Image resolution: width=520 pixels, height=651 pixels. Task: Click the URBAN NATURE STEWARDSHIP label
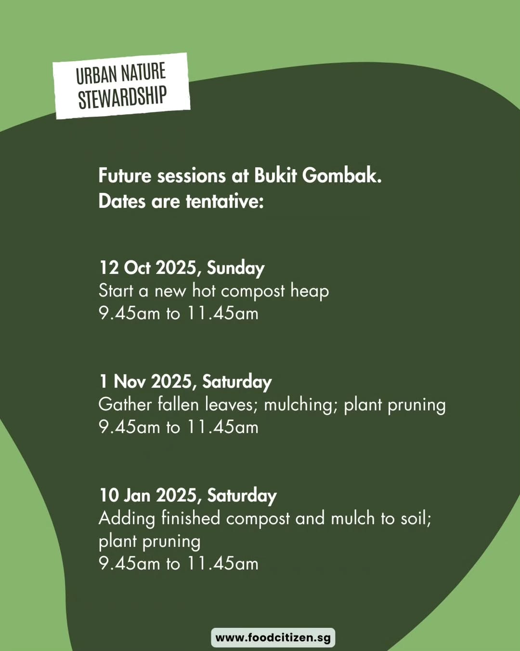(x=121, y=86)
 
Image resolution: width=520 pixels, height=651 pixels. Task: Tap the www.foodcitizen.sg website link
(x=273, y=637)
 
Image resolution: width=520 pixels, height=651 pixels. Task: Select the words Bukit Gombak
(x=318, y=176)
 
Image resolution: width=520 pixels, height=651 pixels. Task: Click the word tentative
(x=224, y=201)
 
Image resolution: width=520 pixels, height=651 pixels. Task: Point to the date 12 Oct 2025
(x=148, y=268)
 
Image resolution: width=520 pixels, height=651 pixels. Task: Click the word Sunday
(x=235, y=268)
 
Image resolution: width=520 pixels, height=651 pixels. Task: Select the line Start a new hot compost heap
(x=214, y=291)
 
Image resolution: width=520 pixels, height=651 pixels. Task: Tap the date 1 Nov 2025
(x=146, y=381)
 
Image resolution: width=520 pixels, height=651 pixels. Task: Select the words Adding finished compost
(x=195, y=518)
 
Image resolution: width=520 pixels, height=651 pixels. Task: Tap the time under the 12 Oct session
(x=179, y=313)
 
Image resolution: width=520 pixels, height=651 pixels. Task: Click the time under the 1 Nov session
(x=179, y=427)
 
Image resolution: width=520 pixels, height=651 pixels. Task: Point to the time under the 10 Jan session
(x=179, y=564)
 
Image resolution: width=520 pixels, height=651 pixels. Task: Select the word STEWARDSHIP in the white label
(x=122, y=97)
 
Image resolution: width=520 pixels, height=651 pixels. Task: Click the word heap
(x=310, y=291)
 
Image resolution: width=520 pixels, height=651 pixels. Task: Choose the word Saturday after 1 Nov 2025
(x=237, y=382)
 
